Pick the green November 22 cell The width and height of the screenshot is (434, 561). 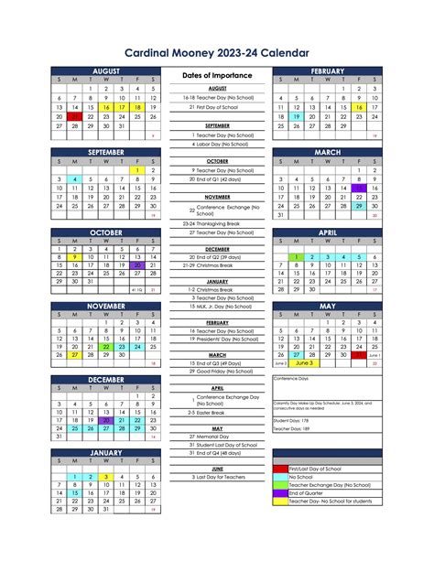(x=106, y=347)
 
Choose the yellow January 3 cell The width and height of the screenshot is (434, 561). (x=106, y=477)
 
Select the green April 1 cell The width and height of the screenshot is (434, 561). (x=297, y=257)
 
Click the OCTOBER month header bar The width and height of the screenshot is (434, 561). (x=105, y=232)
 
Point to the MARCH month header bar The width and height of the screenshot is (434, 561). (x=327, y=152)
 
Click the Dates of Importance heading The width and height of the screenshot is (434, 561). (x=217, y=75)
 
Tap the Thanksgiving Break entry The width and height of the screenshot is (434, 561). (x=216, y=223)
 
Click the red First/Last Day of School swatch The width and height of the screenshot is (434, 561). (x=280, y=469)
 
